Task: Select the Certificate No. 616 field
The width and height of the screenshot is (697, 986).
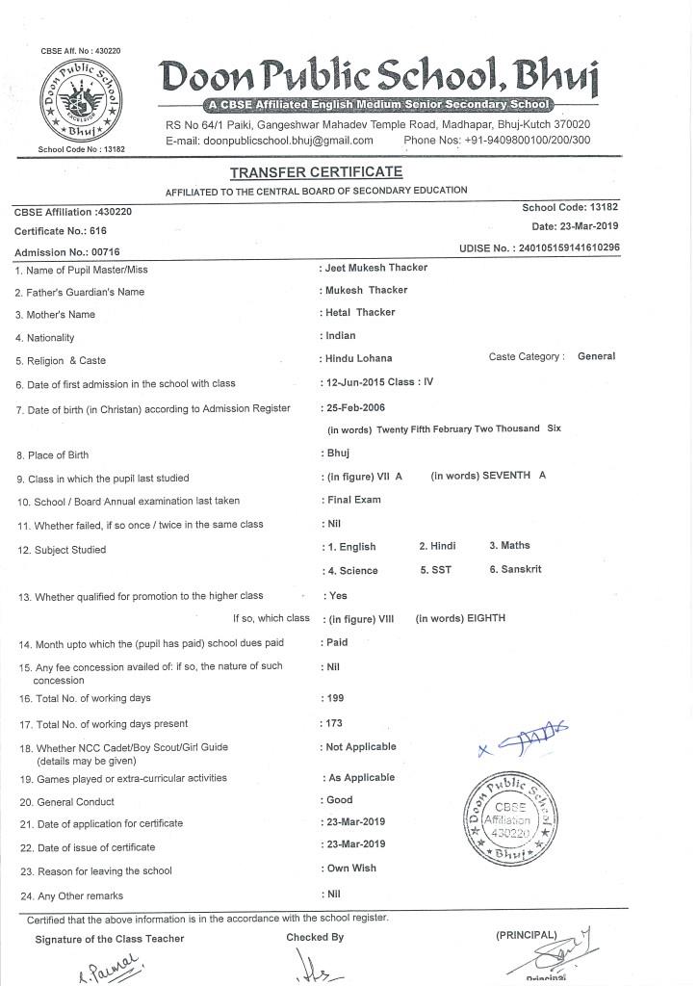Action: click(60, 231)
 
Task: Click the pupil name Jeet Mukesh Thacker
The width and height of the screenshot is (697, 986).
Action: click(375, 268)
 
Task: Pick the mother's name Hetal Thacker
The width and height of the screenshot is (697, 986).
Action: click(360, 313)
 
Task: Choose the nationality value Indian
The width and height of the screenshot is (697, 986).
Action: click(341, 336)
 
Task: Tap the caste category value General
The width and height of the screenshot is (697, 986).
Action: click(596, 356)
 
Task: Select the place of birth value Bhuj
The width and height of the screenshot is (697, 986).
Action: click(338, 453)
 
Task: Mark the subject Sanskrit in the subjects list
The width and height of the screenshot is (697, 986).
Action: click(515, 570)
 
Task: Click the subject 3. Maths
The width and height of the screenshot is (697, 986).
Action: click(509, 546)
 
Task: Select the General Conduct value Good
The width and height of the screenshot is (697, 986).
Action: click(340, 800)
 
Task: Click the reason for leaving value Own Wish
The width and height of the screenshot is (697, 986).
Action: click(351, 869)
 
